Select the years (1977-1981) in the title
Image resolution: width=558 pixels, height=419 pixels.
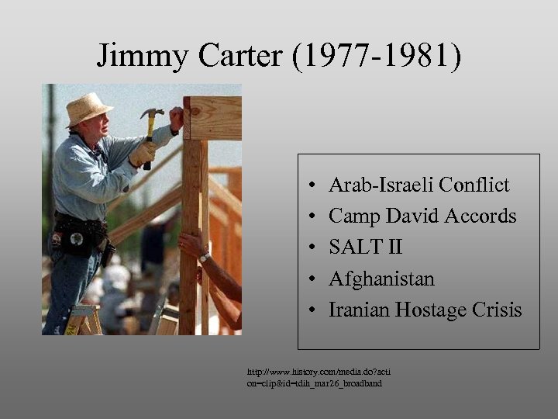(377, 56)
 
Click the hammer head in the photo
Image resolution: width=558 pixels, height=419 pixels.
(151, 115)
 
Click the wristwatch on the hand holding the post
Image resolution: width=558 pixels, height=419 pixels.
(205, 257)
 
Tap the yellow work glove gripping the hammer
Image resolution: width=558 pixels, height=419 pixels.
(143, 153)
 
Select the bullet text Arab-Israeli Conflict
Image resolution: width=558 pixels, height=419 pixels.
(418, 185)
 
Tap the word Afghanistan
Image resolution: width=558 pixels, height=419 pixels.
(381, 279)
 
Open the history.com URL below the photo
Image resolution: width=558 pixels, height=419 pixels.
(319, 378)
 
